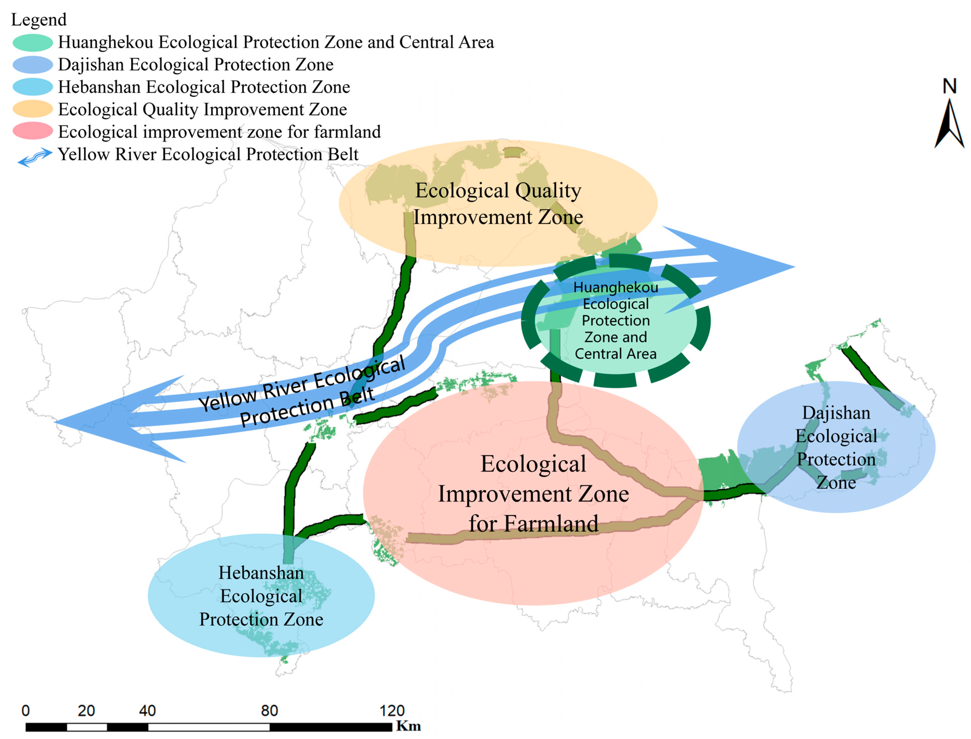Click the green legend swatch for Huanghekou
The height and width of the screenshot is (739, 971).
32,43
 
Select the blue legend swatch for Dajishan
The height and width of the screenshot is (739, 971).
32,65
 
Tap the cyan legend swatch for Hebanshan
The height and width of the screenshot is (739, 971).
32,87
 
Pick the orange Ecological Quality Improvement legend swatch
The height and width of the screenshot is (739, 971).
32,109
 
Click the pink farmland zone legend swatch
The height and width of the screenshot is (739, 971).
32,132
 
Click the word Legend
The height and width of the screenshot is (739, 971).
39,20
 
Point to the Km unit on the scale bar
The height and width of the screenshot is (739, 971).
408,726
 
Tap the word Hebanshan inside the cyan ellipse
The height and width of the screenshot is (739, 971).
261,573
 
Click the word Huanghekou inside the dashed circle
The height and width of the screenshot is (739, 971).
616,287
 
